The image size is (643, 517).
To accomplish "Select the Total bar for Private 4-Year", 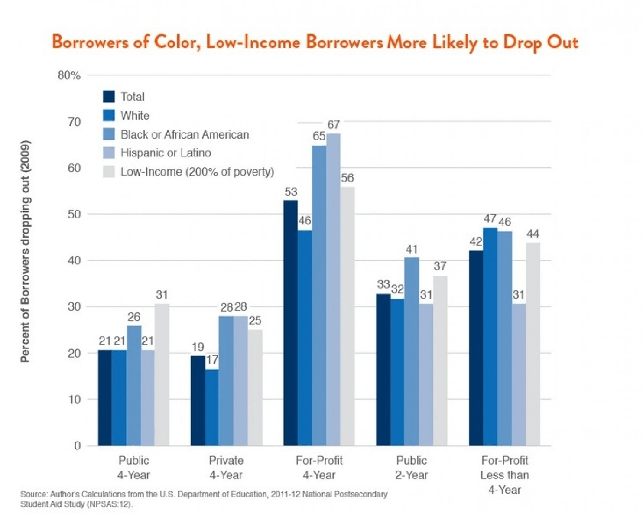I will [198, 400].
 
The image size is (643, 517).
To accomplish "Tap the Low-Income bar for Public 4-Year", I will [162, 374].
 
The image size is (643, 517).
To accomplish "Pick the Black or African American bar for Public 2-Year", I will [412, 351].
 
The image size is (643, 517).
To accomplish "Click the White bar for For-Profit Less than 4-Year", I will [490, 336].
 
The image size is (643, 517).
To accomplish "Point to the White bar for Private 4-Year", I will [212, 407].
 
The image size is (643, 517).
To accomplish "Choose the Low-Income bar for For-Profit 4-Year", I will [347, 316].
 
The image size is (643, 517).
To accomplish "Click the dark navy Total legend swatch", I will [109, 97].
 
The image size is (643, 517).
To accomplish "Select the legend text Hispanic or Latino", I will [166, 153].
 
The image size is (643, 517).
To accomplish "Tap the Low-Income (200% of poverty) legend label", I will [197, 172].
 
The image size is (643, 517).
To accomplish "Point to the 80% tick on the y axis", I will [69, 75].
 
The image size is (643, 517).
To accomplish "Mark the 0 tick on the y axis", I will [77, 446].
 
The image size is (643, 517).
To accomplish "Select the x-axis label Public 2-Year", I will [412, 468].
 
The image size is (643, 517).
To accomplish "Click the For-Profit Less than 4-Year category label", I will [505, 475].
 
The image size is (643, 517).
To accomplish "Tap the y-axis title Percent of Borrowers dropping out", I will [25, 251].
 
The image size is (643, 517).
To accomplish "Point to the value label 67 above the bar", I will [333, 125].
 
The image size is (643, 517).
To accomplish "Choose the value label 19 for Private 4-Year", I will [198, 347].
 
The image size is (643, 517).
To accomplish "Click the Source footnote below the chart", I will [204, 499].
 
